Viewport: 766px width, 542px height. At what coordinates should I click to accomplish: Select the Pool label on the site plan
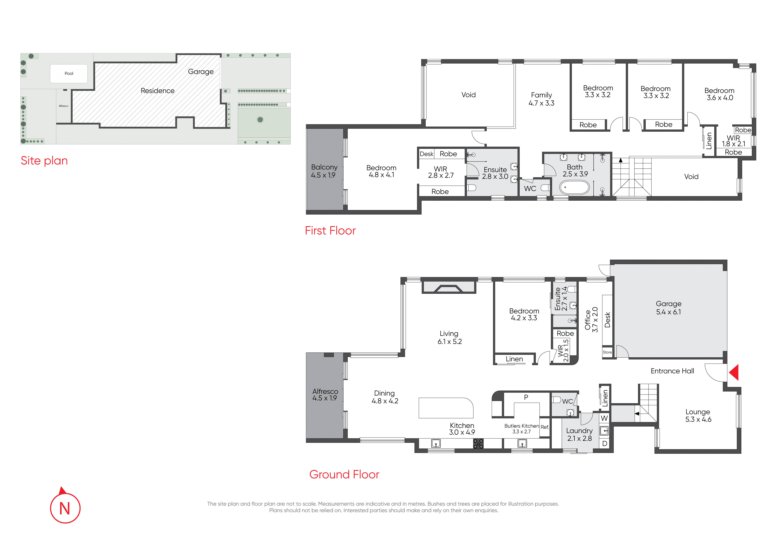[69, 73]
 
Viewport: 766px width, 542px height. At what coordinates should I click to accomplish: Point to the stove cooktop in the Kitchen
[478, 443]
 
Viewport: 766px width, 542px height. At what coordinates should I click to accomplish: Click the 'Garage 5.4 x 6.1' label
[669, 307]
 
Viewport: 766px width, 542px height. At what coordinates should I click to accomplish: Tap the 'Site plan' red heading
[44, 161]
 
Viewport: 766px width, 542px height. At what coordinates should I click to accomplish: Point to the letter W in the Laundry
[604, 418]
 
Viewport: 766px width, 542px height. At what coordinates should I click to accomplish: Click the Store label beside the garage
[607, 352]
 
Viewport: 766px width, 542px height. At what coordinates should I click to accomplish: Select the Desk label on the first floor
[426, 154]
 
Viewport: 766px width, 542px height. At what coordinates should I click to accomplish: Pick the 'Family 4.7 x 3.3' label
[542, 99]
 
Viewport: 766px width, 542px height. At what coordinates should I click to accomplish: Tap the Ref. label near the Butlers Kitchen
[544, 427]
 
